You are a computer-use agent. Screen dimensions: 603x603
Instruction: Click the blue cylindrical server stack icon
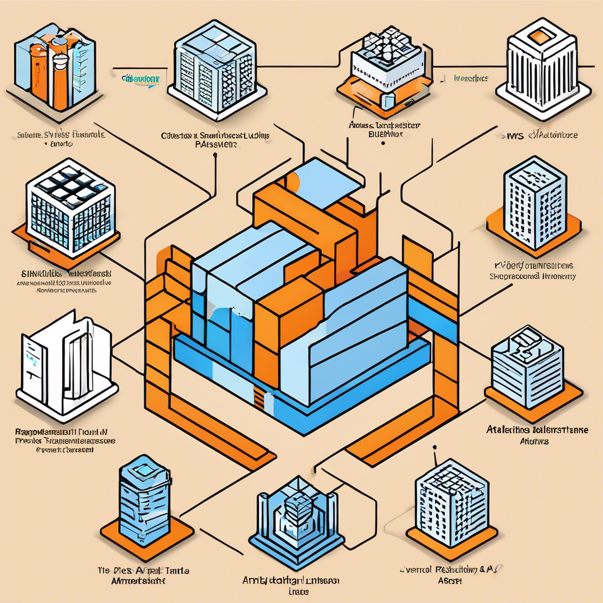pos(144,501)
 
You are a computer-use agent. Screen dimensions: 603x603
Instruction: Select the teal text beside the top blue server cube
pos(141,78)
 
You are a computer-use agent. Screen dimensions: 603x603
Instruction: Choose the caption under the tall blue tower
pos(534,270)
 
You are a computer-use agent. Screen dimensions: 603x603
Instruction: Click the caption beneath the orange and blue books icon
pos(59,138)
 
